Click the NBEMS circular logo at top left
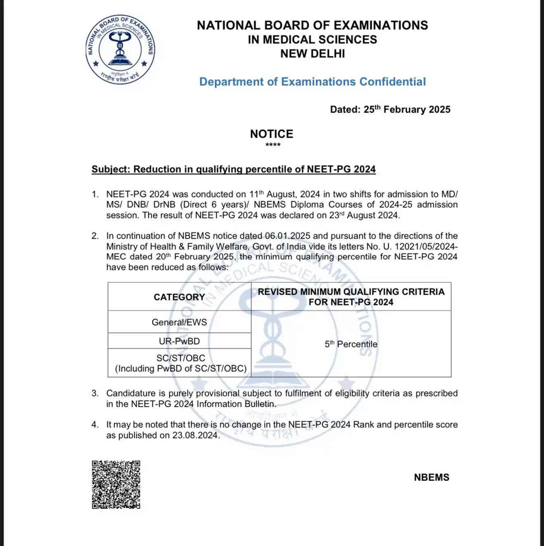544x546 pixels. pos(120,49)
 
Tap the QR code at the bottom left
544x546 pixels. pos(116,485)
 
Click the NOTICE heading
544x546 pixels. pos(272,134)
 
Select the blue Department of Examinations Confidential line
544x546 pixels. pos(312,82)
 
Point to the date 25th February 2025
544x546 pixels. pos(407,110)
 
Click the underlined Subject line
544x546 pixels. pos(233,169)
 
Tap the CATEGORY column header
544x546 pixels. pos(179,297)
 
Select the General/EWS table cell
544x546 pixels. pos(179,322)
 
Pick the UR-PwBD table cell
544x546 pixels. pos(179,341)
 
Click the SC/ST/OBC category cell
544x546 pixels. pos(181,363)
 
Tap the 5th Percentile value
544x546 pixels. pos(351,344)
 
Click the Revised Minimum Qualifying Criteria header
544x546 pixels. pos(351,297)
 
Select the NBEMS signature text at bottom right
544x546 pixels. pos(431,477)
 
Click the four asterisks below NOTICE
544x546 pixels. pos(273,145)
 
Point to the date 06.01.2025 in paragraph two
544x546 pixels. pos(287,236)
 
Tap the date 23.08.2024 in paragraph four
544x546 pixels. pos(195,436)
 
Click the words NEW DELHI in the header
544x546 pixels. pos(312,54)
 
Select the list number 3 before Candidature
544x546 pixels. pos(95,393)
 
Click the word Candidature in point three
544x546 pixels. pos(130,393)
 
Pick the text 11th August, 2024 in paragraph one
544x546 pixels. pos(284,194)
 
